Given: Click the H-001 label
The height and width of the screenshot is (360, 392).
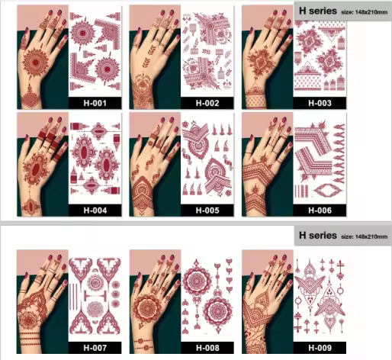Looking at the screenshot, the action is (x=95, y=103).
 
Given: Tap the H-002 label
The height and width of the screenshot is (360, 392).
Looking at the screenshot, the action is (x=207, y=103).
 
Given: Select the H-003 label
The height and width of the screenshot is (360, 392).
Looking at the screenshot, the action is (x=320, y=103).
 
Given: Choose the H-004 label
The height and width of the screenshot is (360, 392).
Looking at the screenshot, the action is (x=95, y=211).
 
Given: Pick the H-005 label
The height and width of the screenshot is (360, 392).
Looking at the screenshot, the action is (x=207, y=211).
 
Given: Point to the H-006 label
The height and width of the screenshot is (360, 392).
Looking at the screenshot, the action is (x=320, y=211).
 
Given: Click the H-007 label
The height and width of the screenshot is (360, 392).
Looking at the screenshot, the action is (x=95, y=348).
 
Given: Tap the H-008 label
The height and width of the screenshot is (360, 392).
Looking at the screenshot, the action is (x=207, y=348).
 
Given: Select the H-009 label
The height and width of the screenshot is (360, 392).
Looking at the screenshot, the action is (x=320, y=348).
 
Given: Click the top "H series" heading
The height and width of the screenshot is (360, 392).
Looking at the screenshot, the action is (x=318, y=11).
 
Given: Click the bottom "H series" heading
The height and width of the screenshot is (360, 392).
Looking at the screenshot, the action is (x=318, y=235).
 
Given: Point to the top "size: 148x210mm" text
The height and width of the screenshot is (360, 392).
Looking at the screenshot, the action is (x=365, y=12).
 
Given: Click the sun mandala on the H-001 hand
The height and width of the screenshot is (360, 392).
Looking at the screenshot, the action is (x=35, y=63).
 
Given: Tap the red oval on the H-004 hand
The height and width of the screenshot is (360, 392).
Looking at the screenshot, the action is (x=37, y=169).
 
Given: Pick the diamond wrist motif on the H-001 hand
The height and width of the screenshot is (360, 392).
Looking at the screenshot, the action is (x=30, y=98).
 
